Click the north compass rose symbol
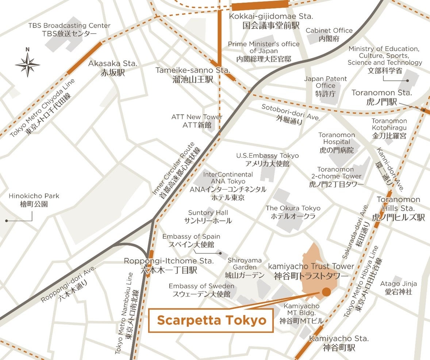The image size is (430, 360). (27, 65)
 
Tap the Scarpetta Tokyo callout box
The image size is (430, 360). (211, 321)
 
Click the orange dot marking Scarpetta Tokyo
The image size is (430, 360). (326, 292)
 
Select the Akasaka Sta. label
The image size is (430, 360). (113, 68)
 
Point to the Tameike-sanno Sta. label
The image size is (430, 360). (192, 75)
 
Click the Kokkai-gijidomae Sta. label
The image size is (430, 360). (271, 21)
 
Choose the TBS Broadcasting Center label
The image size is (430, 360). (69, 30)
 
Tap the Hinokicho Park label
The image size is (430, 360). (34, 200)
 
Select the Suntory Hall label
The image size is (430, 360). (208, 217)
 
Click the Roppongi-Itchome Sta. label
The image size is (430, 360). (169, 266)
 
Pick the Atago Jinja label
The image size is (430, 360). (399, 287)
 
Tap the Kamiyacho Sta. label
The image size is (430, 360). (339, 343)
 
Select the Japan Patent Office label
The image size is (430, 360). (326, 86)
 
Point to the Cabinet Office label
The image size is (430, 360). (329, 34)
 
